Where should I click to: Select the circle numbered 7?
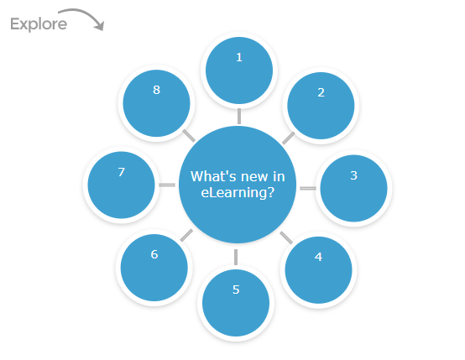click(x=122, y=184)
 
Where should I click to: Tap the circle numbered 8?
click(x=156, y=102)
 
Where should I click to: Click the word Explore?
click(x=39, y=24)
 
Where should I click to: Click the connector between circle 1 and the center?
click(x=239, y=116)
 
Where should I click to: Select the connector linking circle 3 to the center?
click(x=308, y=188)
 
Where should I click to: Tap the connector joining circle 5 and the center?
click(x=236, y=256)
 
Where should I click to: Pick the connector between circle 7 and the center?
click(x=167, y=184)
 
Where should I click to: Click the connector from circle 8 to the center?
click(x=190, y=135)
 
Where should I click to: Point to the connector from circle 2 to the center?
click(x=288, y=137)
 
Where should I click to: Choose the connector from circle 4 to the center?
click(x=285, y=236)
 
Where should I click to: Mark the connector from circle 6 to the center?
click(x=187, y=234)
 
